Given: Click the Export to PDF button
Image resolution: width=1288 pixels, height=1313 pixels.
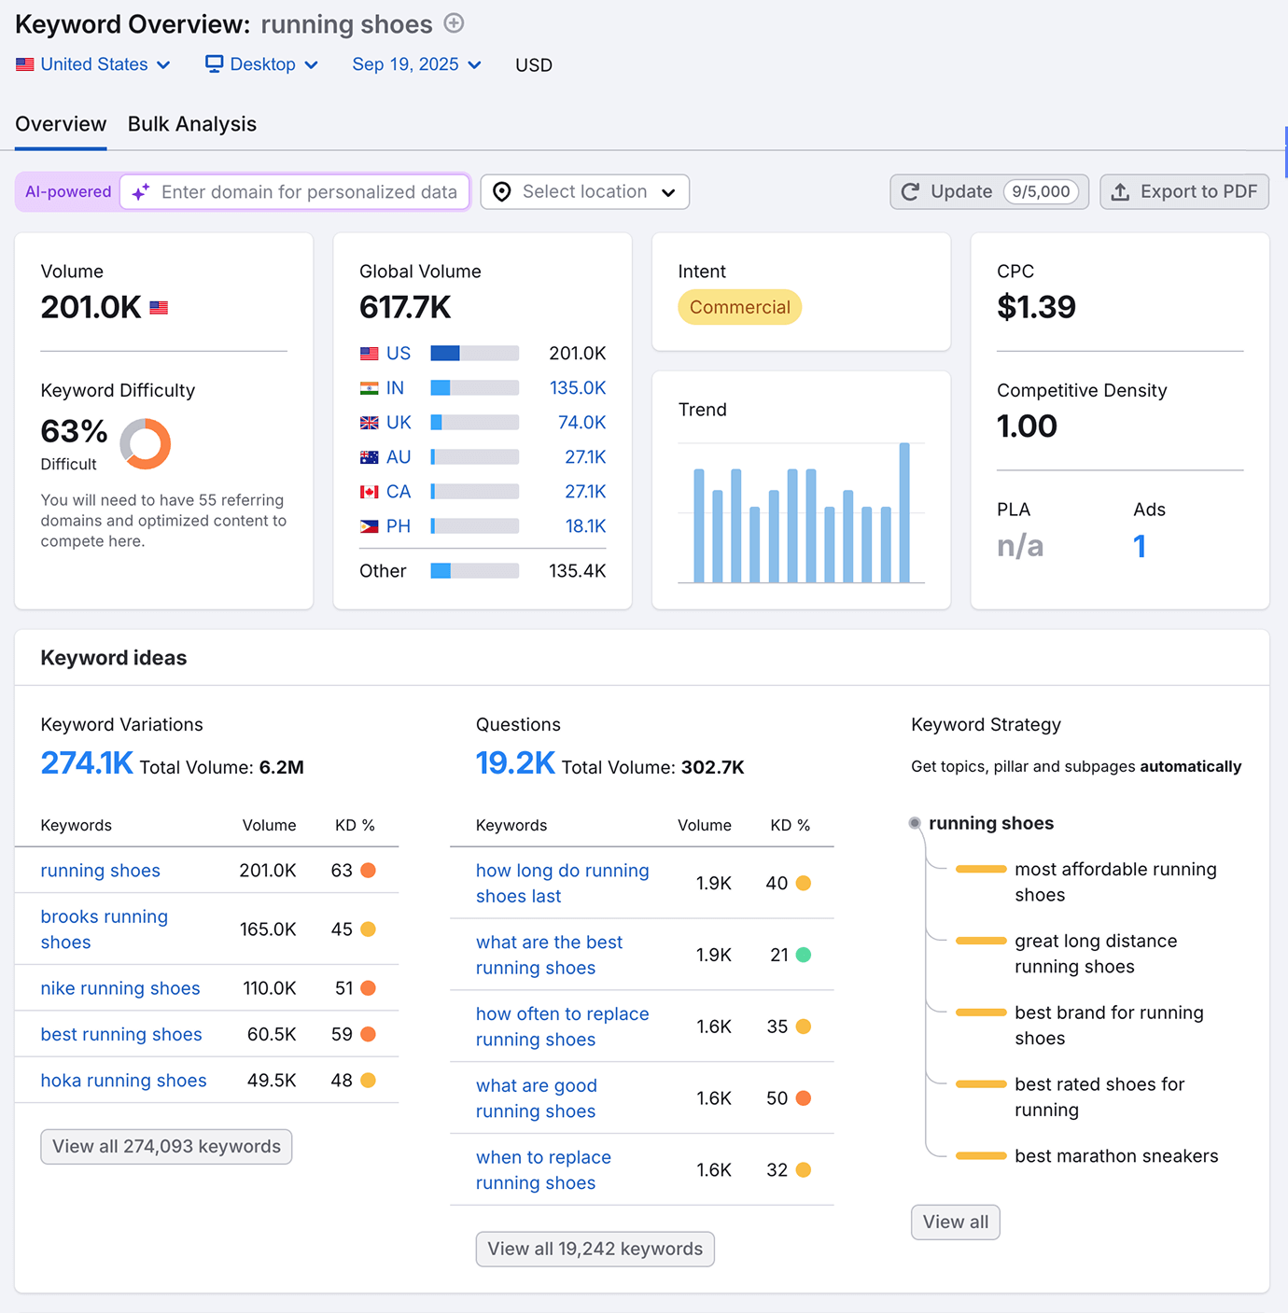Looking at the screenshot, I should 1183,192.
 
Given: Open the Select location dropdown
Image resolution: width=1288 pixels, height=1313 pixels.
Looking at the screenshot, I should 584,192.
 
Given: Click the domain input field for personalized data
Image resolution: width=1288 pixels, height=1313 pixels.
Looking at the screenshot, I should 308,192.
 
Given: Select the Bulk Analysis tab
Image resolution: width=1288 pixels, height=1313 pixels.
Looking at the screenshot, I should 191,124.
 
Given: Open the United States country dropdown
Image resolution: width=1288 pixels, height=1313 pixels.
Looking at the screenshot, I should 93,64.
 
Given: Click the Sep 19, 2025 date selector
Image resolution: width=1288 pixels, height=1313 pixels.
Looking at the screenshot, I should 416,64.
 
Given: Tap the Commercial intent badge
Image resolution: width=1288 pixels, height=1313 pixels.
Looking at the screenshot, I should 739,307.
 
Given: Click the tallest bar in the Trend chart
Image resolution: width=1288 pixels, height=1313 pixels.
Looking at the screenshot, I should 904,512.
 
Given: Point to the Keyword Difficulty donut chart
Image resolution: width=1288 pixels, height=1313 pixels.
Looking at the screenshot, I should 146,443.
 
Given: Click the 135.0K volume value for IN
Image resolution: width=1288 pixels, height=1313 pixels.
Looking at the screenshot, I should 577,388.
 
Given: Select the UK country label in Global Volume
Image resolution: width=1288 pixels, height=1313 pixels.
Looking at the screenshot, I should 399,423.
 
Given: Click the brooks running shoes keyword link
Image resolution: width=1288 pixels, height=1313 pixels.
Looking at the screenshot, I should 104,929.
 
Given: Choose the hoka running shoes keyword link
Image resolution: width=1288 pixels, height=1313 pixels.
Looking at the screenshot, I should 123,1081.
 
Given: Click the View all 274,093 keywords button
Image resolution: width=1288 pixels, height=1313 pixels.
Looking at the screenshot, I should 166,1147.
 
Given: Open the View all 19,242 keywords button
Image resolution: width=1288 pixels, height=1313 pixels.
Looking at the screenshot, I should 595,1250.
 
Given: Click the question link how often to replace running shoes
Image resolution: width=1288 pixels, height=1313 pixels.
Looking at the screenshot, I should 562,1027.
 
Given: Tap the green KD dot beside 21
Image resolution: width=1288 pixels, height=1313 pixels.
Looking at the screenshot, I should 804,955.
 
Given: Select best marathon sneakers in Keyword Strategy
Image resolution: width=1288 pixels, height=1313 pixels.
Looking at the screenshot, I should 1116,1156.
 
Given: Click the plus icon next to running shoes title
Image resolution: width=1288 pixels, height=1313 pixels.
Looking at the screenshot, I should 454,23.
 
